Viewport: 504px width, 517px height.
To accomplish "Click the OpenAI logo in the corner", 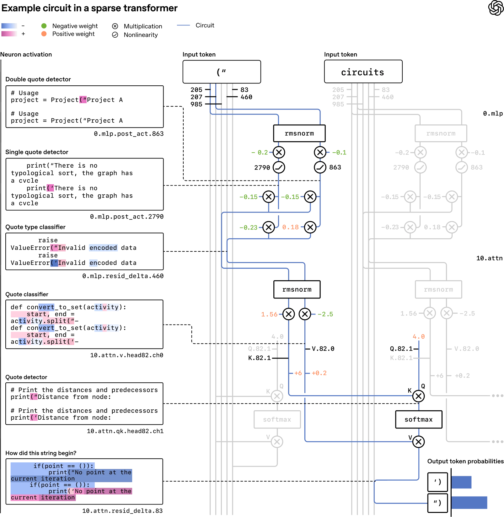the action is (x=496, y=8).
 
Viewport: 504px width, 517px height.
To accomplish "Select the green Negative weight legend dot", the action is (x=44, y=26).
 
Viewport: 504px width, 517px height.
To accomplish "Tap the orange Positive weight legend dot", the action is (x=44, y=34).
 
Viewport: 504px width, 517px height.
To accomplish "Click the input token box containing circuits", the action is (x=363, y=72).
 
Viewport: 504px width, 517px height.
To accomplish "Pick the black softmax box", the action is (x=419, y=419).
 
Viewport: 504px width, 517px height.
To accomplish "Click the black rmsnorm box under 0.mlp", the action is (x=299, y=133).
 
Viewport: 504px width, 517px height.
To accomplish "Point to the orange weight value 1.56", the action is (x=269, y=314).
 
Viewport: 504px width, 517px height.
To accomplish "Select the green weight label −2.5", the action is (x=325, y=314).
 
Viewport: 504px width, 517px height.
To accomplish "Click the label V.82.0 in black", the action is (x=323, y=349).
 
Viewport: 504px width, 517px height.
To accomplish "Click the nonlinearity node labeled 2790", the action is (x=279, y=167).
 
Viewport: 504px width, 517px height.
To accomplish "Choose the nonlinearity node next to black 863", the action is (x=320, y=167).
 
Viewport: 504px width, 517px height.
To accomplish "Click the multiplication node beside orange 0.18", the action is (x=310, y=227).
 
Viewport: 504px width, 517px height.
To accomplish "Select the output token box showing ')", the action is (x=437, y=482).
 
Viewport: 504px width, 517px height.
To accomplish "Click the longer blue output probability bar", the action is (x=469, y=503).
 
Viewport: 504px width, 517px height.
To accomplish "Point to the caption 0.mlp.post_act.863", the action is (x=129, y=134).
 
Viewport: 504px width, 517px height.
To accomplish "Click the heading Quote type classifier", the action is (x=35, y=227).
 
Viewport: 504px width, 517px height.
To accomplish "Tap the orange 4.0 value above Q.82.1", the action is (x=419, y=337).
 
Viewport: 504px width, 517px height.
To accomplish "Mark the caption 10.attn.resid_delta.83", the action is (x=122, y=511).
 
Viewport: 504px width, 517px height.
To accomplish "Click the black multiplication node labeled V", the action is (x=419, y=442).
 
